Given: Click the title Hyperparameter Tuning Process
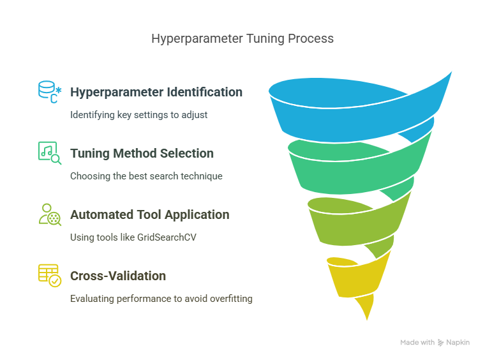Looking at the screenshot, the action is (243, 39).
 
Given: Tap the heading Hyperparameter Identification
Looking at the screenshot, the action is (156, 92).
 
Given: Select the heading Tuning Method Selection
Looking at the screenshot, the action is (142, 153).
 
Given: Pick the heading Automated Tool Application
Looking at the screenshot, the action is (150, 214).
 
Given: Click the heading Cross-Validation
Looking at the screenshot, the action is (118, 276).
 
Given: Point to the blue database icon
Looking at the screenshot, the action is (50, 92).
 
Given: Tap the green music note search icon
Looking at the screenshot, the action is (50, 153).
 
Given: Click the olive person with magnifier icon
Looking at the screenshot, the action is (50, 214).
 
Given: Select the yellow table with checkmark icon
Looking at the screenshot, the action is (50, 276).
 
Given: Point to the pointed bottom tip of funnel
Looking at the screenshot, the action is (367, 320).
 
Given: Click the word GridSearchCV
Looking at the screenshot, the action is (167, 237).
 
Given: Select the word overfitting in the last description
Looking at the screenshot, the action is (231, 299).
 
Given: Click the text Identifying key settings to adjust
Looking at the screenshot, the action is (139, 115).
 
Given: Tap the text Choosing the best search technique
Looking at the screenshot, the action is (146, 176).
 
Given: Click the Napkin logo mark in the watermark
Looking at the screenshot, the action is (440, 343).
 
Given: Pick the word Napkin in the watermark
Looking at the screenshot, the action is (458, 343).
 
